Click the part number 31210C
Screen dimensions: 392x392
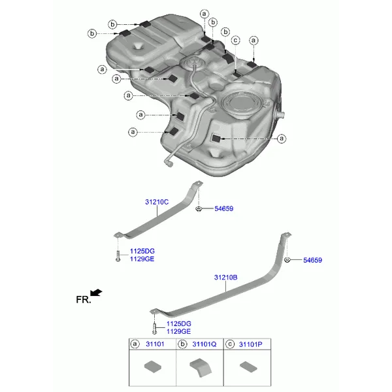tap(157, 202)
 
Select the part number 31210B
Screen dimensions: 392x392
tap(226, 278)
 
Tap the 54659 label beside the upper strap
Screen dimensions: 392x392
tap(223, 209)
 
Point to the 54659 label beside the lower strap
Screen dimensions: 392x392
tap(312, 260)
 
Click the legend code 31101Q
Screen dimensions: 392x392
tap(204, 344)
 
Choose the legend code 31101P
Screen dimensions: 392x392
tap(250, 344)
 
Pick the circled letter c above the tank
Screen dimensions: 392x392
tap(235, 41)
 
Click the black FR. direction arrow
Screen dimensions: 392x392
tap(96, 293)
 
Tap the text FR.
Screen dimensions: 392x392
tap(84, 300)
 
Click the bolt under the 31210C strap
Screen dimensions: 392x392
tap(118, 256)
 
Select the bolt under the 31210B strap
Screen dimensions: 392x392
tap(154, 329)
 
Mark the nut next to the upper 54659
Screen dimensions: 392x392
tap(199, 208)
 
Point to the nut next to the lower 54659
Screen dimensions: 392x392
tap(287, 260)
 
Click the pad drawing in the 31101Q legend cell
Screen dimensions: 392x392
tap(201, 367)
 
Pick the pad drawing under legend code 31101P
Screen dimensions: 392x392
tap(248, 367)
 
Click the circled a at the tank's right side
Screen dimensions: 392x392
tap(282, 139)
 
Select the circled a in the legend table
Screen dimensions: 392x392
tap(135, 344)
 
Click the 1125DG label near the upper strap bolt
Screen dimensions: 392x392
tap(142, 252)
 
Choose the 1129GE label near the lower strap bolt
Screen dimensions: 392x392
tap(178, 332)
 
